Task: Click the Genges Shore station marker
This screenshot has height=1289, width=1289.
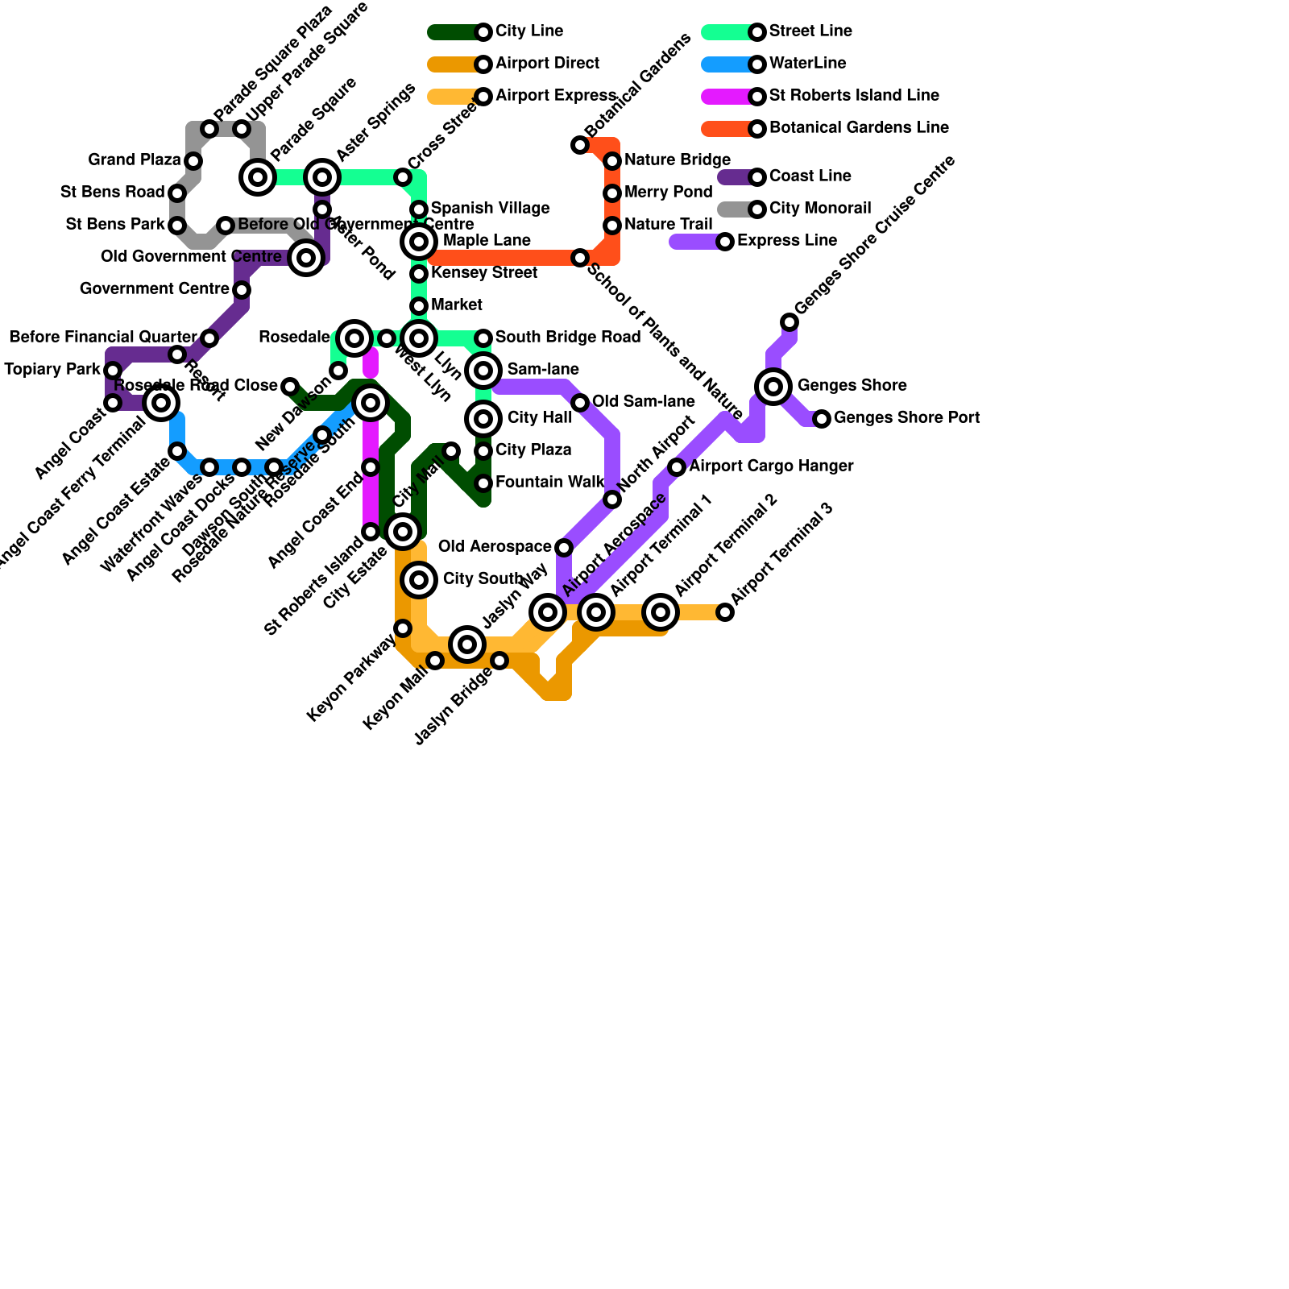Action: (x=773, y=387)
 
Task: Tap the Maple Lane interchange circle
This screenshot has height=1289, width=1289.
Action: (x=419, y=242)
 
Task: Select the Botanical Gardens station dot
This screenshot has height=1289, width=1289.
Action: (x=580, y=145)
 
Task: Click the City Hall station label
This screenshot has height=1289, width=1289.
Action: (x=539, y=418)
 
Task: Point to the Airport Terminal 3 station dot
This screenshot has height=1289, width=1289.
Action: (x=725, y=612)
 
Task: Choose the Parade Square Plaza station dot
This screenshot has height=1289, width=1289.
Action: (x=209, y=129)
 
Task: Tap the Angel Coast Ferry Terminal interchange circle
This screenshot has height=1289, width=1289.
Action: (x=161, y=403)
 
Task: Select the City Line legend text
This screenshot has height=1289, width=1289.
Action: (x=528, y=31)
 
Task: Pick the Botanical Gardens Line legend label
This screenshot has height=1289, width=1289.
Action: (x=858, y=128)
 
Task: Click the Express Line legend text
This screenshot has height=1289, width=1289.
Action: (x=786, y=241)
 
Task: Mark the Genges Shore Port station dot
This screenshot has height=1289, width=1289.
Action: (x=822, y=419)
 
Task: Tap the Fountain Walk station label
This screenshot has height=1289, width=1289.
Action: (x=549, y=483)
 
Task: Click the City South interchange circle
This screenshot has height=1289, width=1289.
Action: (x=419, y=580)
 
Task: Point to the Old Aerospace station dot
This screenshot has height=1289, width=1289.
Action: (x=564, y=548)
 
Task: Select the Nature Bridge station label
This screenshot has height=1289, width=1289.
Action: (x=677, y=160)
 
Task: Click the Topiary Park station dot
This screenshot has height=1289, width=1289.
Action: (x=113, y=371)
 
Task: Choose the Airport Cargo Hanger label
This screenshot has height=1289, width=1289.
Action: (x=771, y=466)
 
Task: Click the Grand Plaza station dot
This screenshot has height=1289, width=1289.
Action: (x=193, y=161)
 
